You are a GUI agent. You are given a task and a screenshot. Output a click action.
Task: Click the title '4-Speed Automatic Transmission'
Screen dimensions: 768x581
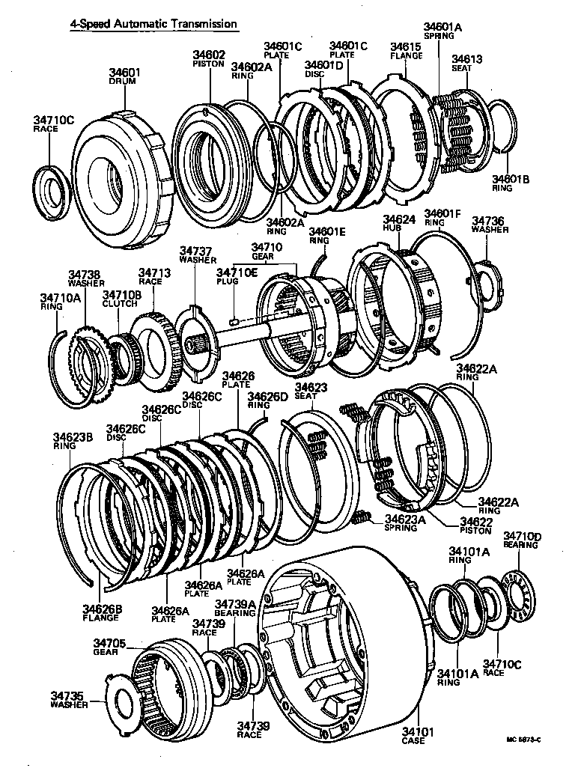point(153,24)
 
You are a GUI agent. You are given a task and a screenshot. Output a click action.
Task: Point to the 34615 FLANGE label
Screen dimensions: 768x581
point(406,51)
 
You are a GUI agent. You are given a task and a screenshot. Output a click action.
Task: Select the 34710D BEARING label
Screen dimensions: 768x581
point(521,540)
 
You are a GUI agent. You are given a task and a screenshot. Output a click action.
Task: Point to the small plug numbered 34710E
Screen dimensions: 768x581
point(234,322)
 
